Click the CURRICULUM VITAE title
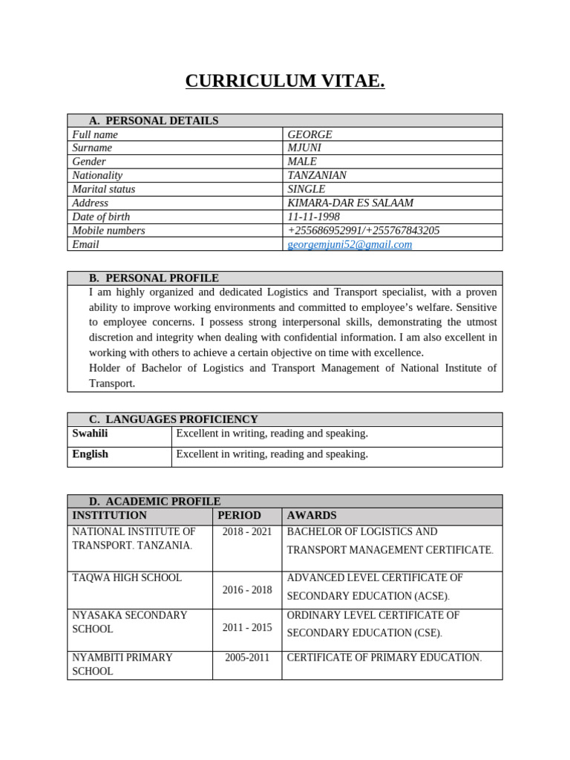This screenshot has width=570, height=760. [285, 81]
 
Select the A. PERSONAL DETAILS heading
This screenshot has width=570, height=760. [154, 121]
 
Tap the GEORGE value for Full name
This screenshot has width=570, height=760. [309, 134]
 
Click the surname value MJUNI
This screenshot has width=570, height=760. [304, 148]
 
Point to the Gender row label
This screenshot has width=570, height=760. [89, 162]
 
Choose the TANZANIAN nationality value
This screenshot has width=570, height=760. [317, 175]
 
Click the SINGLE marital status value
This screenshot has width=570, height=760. [307, 189]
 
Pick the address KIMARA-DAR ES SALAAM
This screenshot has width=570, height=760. [350, 203]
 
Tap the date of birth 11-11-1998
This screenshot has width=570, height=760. [313, 217]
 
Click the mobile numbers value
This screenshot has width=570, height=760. [364, 230]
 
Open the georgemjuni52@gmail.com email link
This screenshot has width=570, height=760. [350, 244]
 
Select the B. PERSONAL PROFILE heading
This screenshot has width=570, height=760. [154, 278]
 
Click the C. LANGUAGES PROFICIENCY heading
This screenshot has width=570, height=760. [174, 419]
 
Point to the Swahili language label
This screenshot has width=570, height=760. [90, 433]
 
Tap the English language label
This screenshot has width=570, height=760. [90, 454]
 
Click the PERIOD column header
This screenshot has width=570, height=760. [239, 515]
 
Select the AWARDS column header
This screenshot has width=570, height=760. [312, 515]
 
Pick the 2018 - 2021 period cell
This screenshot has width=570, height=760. [247, 532]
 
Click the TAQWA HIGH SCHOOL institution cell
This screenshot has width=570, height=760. [127, 577]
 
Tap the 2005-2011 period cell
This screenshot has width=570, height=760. [247, 658]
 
